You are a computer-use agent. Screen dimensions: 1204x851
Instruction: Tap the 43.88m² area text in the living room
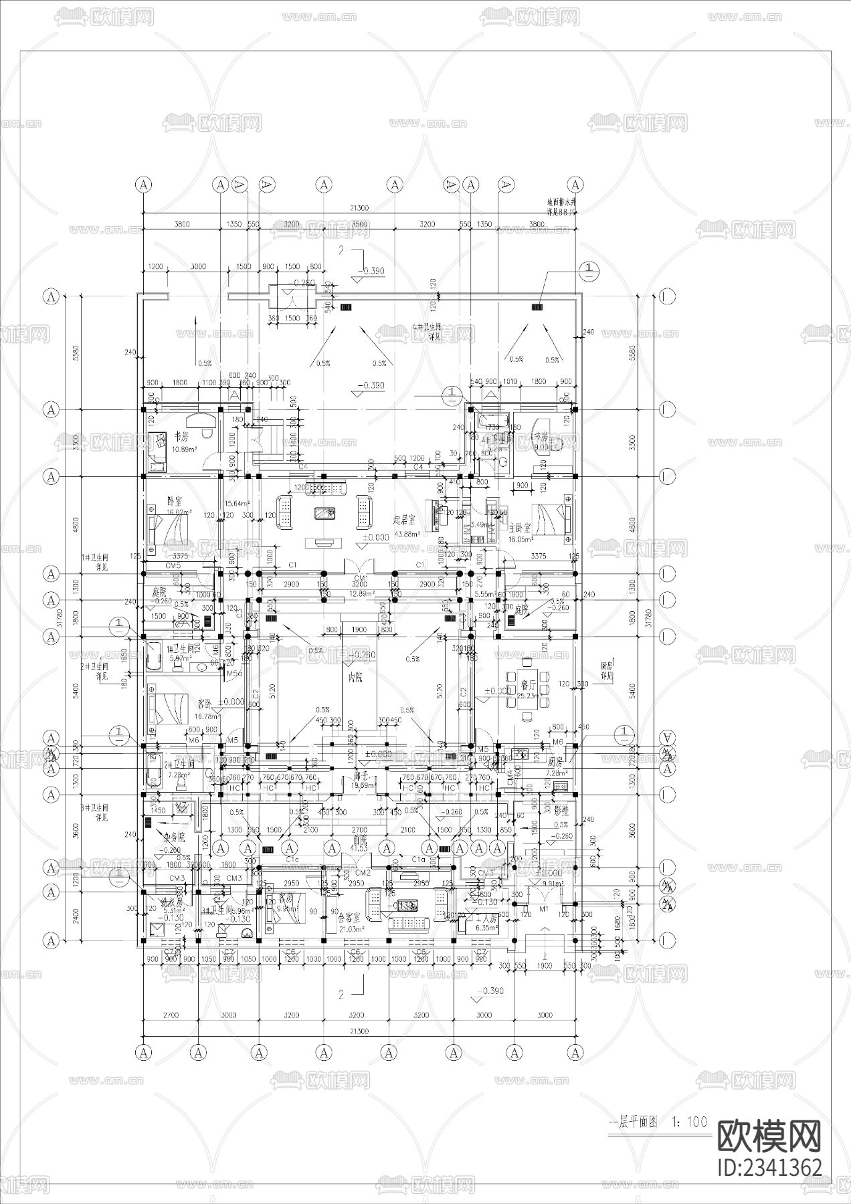click(407, 534)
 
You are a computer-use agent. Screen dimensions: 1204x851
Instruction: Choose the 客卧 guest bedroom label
click(204, 704)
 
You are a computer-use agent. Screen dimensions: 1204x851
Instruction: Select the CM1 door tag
click(361, 578)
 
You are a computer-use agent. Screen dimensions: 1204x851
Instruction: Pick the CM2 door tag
click(363, 873)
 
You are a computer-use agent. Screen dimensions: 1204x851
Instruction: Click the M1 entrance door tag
click(543, 909)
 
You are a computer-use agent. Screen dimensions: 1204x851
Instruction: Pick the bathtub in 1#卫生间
click(152, 656)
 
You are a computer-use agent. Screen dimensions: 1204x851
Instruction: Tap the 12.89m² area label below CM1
click(361, 593)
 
